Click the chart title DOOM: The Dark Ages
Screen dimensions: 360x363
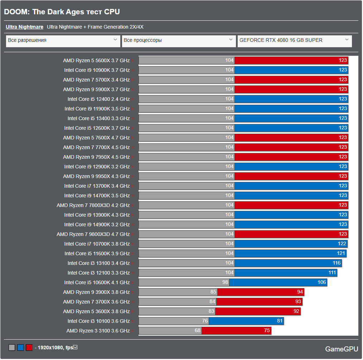click(62, 12)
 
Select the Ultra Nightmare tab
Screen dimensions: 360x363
click(24, 27)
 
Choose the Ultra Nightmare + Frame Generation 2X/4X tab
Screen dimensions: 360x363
click(95, 27)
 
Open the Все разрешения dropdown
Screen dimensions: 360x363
click(63, 40)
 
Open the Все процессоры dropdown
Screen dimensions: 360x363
click(178, 40)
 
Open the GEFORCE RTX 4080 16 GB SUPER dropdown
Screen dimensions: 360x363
click(294, 40)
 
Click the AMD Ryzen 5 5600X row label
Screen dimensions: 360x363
click(96, 60)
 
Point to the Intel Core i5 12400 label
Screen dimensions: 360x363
click(98, 99)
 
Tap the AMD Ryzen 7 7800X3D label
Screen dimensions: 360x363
click(93, 205)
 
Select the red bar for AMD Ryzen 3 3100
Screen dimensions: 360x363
click(236, 331)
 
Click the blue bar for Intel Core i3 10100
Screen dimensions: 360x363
click(246, 321)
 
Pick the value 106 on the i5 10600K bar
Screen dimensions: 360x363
click(321, 282)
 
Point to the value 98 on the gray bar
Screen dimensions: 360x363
click(225, 282)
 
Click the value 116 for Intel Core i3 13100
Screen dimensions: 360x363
click(337, 263)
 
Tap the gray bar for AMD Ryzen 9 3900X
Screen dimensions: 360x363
click(178, 292)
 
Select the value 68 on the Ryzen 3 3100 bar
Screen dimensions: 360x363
click(198, 331)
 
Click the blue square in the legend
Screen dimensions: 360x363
click(20, 347)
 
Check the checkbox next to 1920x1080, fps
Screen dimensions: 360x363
click(75, 347)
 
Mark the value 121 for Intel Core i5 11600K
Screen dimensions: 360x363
click(341, 253)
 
